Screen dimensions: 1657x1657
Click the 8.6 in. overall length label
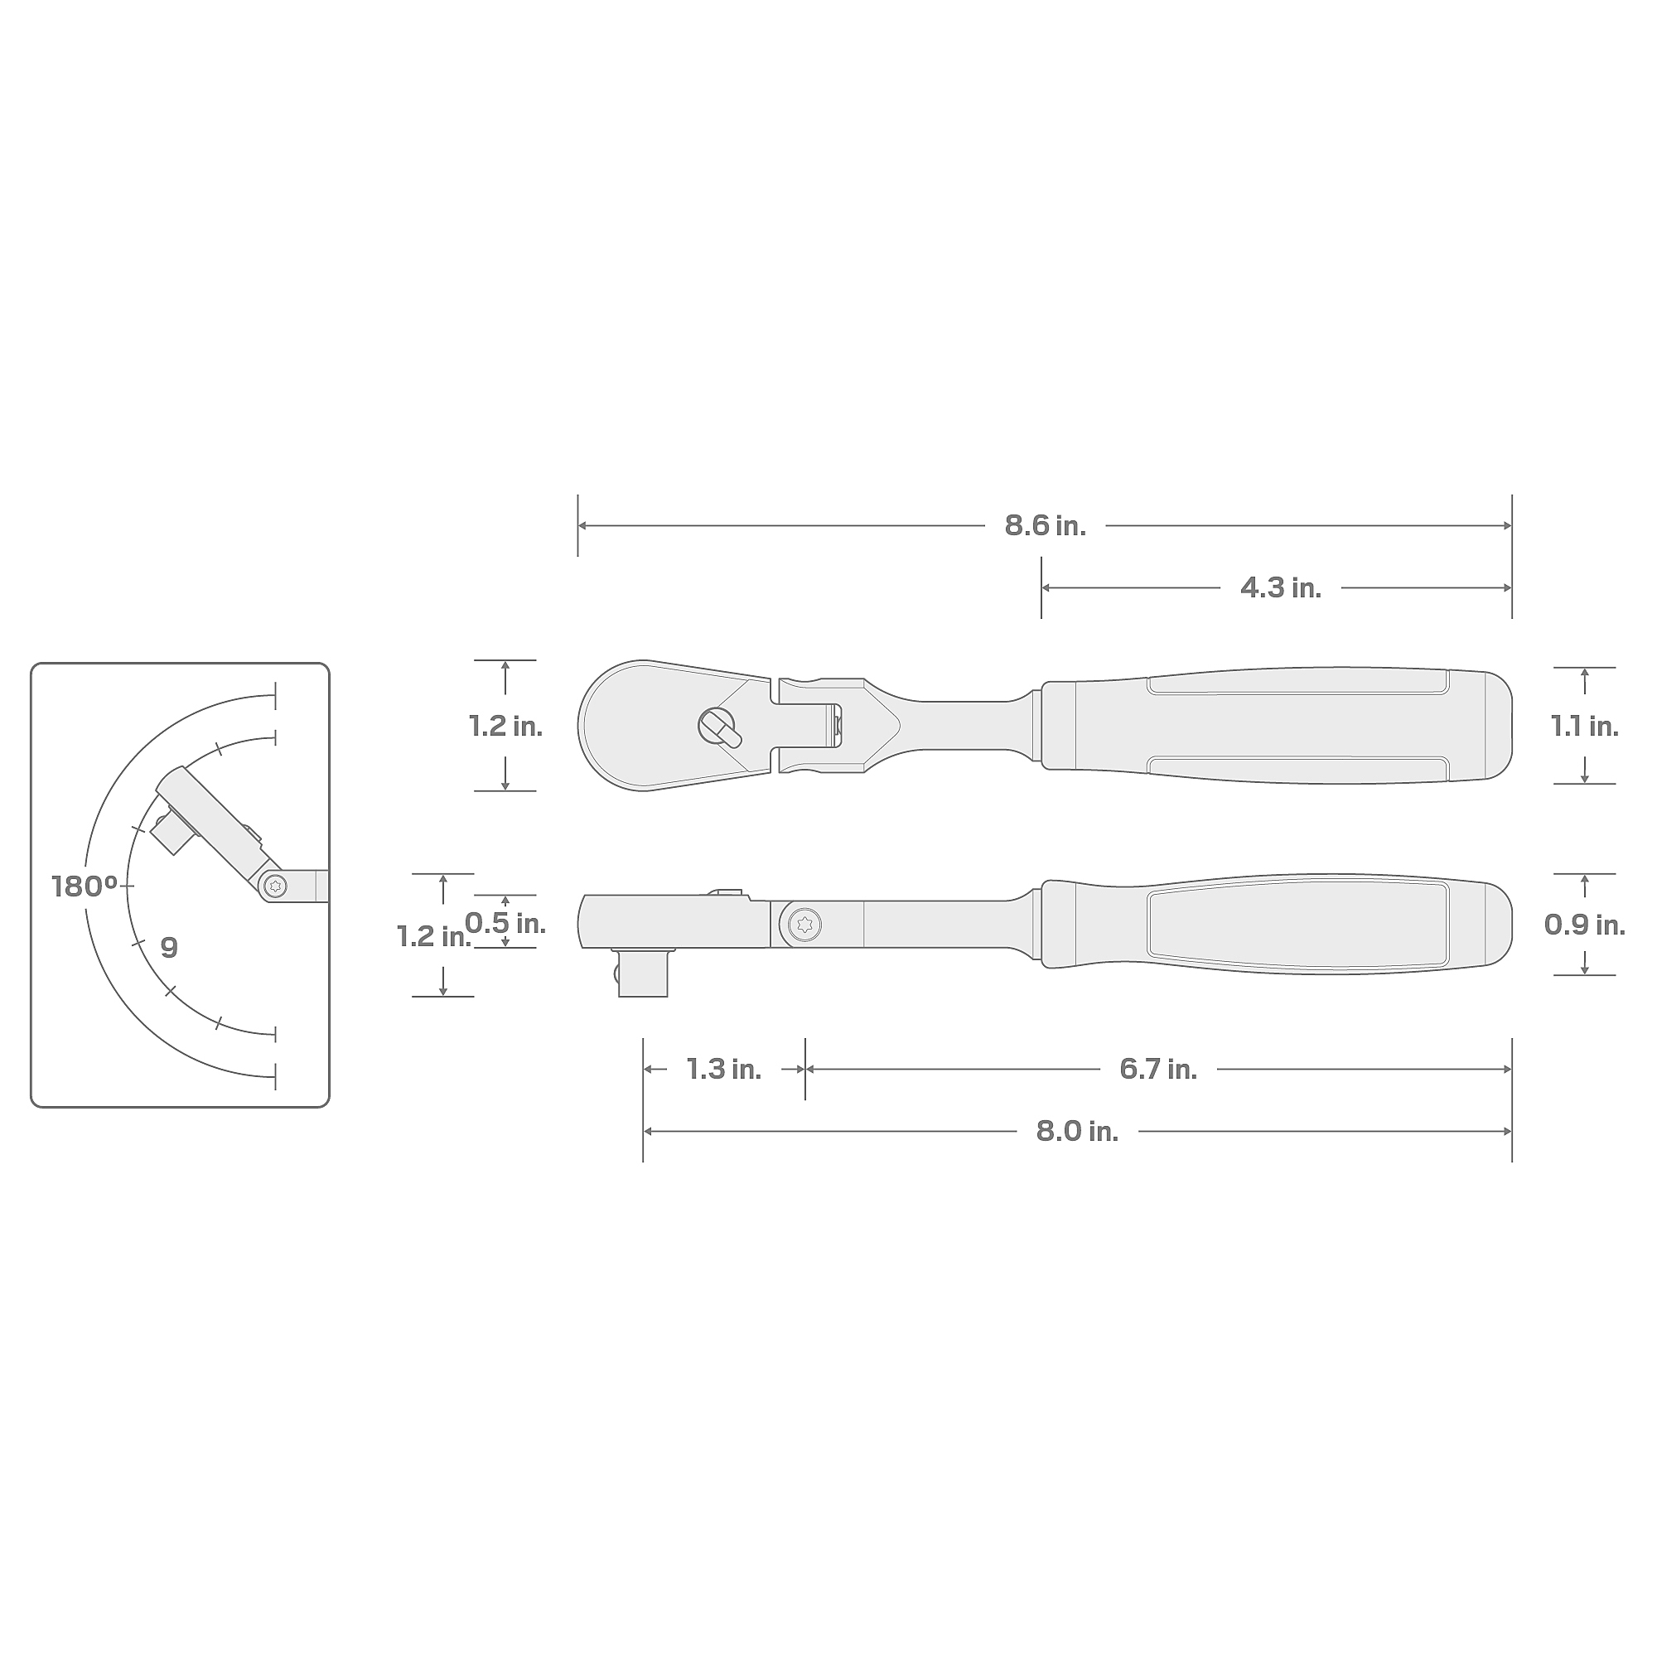point(1045,526)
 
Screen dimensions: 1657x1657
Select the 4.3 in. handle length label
point(1281,587)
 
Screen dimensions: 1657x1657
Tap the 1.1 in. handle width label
point(1584,727)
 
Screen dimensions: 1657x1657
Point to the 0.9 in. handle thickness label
point(1584,924)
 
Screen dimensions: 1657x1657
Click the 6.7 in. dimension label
point(1158,1069)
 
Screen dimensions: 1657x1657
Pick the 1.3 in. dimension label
point(724,1069)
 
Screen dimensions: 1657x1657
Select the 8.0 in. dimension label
point(1077,1131)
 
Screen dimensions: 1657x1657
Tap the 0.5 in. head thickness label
point(505,923)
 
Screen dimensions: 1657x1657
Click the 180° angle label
point(84,886)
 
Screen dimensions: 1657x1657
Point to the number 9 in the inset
point(169,947)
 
